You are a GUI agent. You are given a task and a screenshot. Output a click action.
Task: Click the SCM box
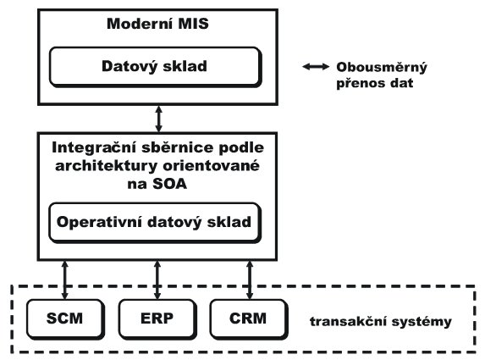click(x=65, y=319)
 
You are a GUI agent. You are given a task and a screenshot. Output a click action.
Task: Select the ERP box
click(x=157, y=319)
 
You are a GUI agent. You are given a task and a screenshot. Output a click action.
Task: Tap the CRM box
click(x=249, y=319)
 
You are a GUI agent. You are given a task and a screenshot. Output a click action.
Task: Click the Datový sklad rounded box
click(x=156, y=67)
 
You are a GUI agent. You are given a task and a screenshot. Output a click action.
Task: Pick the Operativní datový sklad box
click(x=155, y=223)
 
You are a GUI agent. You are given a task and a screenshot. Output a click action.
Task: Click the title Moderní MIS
click(x=157, y=24)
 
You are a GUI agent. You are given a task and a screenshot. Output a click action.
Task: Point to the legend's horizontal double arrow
click(x=316, y=66)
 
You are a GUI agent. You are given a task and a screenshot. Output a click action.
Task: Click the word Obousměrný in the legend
click(x=382, y=68)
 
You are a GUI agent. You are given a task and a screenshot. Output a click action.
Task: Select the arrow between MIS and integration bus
click(x=159, y=119)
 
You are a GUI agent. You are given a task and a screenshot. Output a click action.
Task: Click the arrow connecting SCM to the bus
click(x=65, y=280)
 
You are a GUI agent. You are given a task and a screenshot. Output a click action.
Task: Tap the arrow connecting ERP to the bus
click(x=157, y=280)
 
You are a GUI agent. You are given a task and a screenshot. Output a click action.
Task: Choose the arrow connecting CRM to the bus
click(x=250, y=280)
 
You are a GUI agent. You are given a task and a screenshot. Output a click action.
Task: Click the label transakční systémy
click(x=381, y=322)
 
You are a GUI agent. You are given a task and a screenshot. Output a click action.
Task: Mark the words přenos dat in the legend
click(x=374, y=84)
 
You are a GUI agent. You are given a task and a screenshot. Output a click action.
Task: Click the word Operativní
click(x=99, y=222)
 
